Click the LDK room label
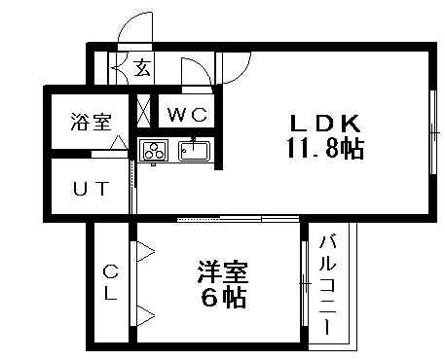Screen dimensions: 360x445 (325, 124)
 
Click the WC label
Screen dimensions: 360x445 (185, 114)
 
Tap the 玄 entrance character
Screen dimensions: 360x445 (142, 68)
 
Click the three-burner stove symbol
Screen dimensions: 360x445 (154, 150)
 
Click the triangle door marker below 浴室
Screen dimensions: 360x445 (119, 143)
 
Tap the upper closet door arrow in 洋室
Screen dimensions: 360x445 (144, 254)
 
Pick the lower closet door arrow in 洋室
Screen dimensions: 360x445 (144, 313)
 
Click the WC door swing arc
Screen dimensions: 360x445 (195, 67)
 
